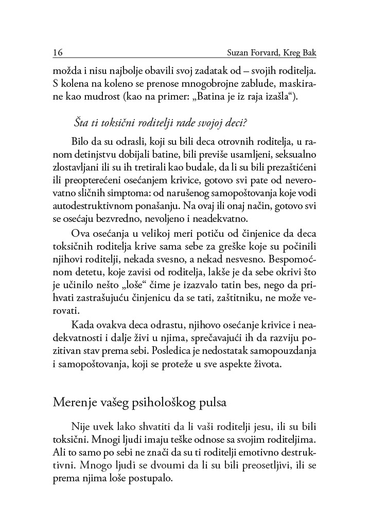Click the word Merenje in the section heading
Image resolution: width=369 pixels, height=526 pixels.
click(76, 402)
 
